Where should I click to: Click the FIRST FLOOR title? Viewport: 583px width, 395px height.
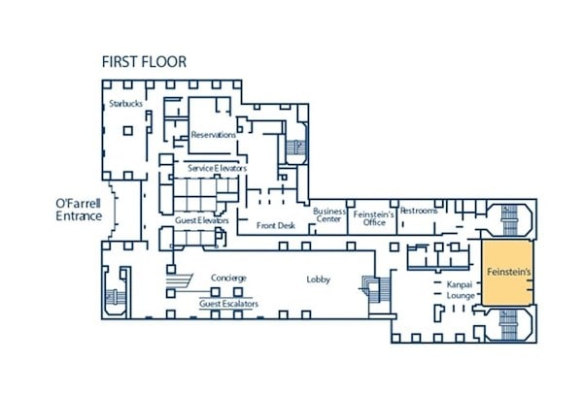pyautogui.click(x=144, y=62)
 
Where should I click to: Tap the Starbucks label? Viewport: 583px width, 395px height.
pyautogui.click(x=125, y=104)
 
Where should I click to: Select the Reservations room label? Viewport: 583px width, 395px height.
pyautogui.click(x=214, y=135)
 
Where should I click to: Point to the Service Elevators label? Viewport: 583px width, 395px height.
pyautogui.click(x=217, y=168)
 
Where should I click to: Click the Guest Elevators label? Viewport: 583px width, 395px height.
pyautogui.click(x=202, y=220)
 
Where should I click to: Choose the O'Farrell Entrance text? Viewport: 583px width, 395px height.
pyautogui.click(x=79, y=210)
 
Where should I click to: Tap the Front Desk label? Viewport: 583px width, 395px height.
pyautogui.click(x=276, y=225)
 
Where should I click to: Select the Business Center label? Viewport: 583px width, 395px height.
pyautogui.click(x=329, y=215)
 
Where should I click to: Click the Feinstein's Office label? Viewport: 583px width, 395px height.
pyautogui.click(x=374, y=218)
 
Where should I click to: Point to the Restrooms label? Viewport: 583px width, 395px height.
pyautogui.click(x=419, y=211)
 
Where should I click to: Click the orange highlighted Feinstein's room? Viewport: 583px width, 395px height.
pyautogui.click(x=508, y=273)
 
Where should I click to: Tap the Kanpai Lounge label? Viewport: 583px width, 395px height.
pyautogui.click(x=461, y=290)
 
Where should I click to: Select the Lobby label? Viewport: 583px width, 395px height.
pyautogui.click(x=319, y=280)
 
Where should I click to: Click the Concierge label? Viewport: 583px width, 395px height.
pyautogui.click(x=228, y=278)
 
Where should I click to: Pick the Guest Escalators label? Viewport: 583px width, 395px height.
pyautogui.click(x=228, y=304)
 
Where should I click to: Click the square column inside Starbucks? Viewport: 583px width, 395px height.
pyautogui.click(x=128, y=131)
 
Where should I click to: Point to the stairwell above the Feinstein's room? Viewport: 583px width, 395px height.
pyautogui.click(x=509, y=220)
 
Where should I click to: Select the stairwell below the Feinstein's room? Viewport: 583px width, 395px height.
pyautogui.click(x=509, y=325)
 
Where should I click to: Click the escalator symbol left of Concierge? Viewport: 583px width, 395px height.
pyautogui.click(x=179, y=280)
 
